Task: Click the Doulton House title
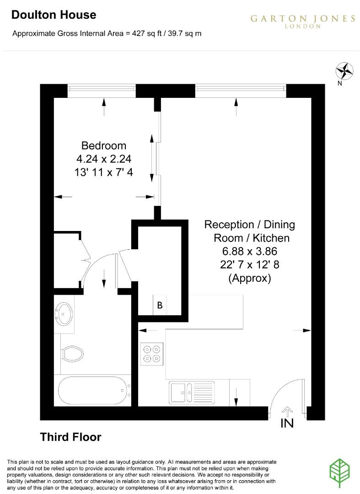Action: (x=54, y=15)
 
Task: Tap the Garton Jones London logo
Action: (x=302, y=21)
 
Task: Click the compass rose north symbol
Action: (x=345, y=71)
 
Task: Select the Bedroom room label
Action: (x=103, y=145)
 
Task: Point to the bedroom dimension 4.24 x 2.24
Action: (x=103, y=159)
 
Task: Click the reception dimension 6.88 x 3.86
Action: (x=250, y=251)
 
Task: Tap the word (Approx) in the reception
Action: (x=250, y=278)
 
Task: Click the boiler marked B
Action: (x=160, y=306)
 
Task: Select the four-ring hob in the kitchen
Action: (x=152, y=354)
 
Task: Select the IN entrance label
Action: (x=287, y=423)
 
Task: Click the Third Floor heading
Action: (x=70, y=437)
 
